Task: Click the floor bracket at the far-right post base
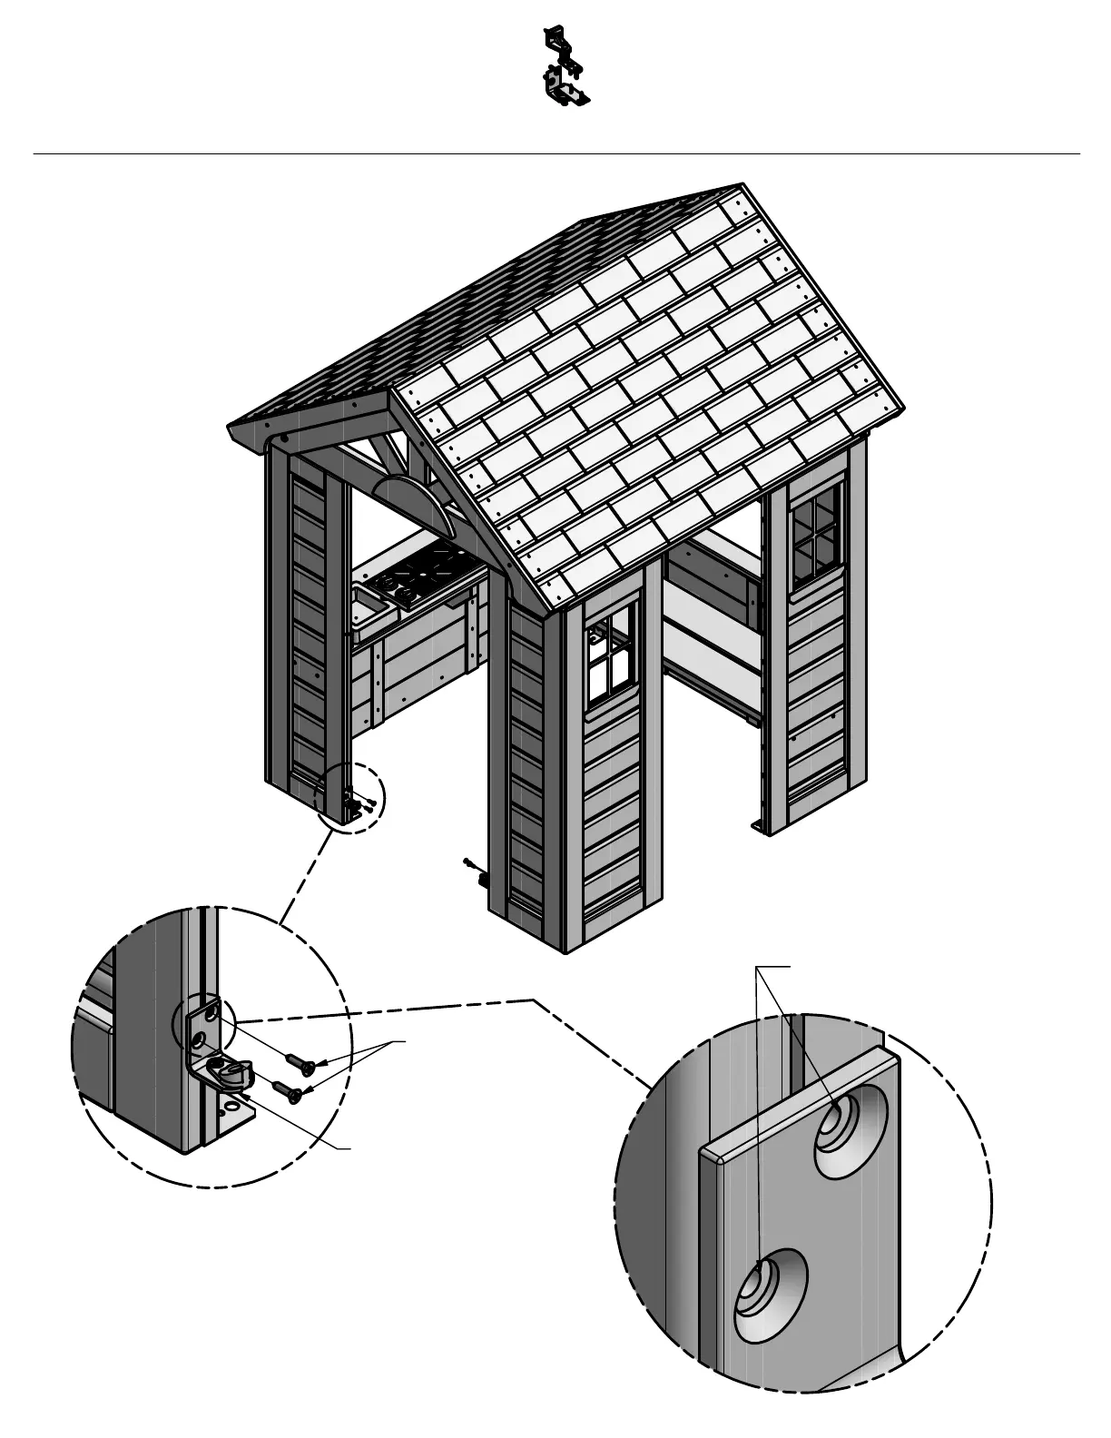pyautogui.click(x=761, y=826)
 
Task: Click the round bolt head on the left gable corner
pyautogui.click(x=284, y=439)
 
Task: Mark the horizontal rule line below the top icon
pyautogui.click(x=555, y=153)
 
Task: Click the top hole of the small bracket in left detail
pyautogui.click(x=213, y=1008)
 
